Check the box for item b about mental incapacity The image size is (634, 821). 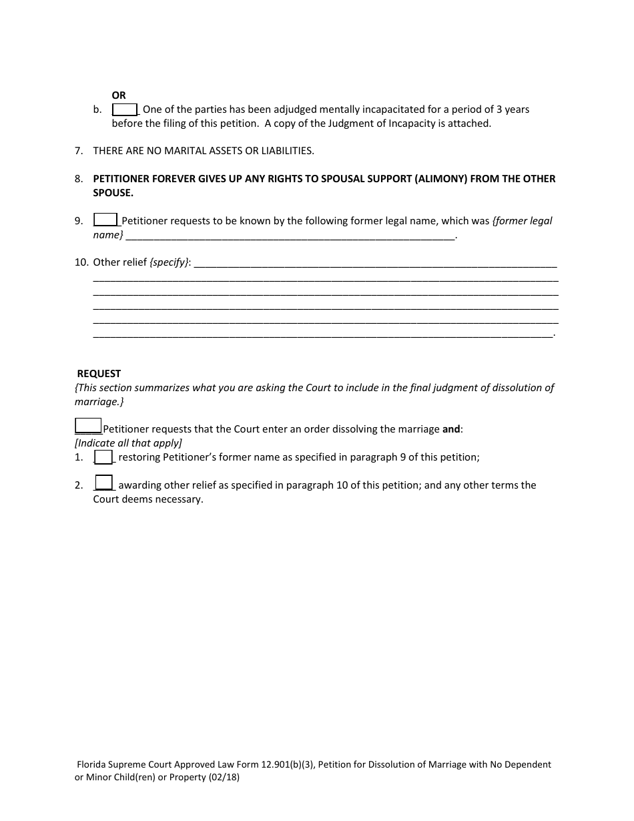[125, 109]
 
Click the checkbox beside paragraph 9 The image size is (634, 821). [105, 220]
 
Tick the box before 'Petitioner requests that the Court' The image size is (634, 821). [88, 426]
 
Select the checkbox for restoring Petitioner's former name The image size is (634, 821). [103, 457]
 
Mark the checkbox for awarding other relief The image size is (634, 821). [104, 483]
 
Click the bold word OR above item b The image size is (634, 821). [119, 95]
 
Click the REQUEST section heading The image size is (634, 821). [99, 374]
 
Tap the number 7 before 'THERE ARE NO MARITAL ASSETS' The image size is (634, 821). [79, 151]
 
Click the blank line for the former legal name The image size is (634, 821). [290, 236]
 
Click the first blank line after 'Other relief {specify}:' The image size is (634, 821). [374, 263]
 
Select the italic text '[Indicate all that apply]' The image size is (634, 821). [128, 443]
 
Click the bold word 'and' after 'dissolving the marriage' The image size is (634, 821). [451, 429]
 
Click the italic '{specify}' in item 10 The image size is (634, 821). [170, 262]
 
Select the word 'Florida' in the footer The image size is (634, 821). [93, 765]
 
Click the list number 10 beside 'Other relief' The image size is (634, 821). [81, 262]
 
